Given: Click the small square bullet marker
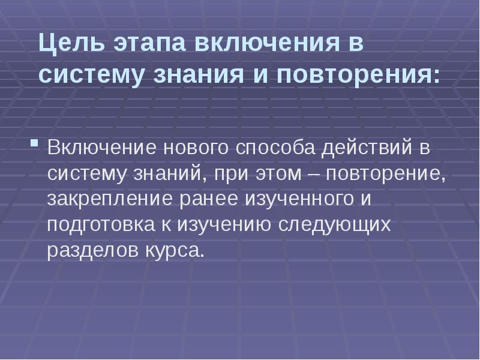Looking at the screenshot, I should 35,145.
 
